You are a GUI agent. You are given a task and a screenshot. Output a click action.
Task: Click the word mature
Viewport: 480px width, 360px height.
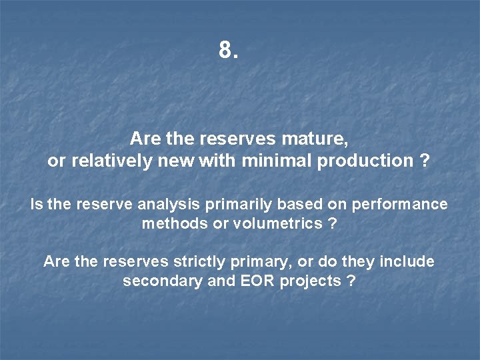320,139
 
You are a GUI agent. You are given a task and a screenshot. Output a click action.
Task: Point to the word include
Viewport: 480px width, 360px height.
406,261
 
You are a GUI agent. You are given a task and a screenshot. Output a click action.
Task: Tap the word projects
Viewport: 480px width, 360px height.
310,281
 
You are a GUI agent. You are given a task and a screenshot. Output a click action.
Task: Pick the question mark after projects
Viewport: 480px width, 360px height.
351,281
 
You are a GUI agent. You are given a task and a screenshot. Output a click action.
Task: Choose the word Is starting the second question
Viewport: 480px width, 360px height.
37,204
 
